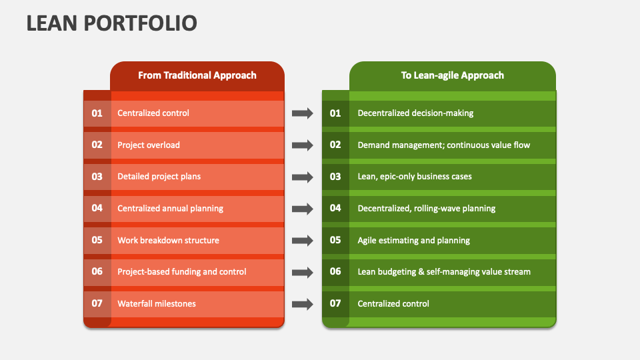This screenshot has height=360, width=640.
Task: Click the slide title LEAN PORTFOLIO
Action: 111,23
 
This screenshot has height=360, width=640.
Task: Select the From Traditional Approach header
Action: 197,75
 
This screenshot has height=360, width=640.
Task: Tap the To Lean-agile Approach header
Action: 452,75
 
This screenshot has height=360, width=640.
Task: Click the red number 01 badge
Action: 97,113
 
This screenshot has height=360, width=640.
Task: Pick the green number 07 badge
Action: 335,304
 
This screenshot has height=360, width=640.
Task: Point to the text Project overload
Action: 149,145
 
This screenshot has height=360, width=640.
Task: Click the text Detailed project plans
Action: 159,177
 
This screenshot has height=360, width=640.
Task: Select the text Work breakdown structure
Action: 168,241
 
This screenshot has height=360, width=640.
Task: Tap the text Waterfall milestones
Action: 157,304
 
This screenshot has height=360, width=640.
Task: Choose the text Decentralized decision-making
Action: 415,113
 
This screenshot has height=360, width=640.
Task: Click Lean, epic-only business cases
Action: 415,177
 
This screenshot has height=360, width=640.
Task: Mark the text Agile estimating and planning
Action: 413,241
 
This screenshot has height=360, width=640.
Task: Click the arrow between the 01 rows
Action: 303,113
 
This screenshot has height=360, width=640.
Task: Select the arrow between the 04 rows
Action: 303,209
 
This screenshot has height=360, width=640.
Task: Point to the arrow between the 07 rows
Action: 303,304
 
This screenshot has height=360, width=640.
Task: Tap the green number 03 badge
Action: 335,177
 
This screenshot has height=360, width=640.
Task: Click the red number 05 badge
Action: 97,241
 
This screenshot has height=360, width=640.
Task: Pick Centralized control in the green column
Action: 393,304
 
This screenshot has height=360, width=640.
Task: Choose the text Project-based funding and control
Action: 182,272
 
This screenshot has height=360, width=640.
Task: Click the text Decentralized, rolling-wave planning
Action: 427,209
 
